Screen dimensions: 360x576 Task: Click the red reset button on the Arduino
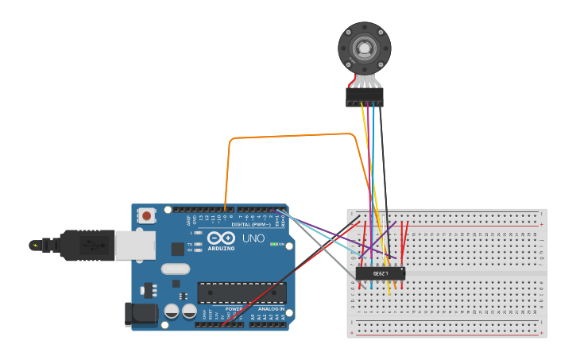click(147, 215)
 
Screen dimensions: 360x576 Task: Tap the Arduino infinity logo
click(220, 238)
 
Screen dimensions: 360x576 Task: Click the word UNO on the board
click(253, 238)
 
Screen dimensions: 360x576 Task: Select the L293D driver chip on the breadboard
click(380, 273)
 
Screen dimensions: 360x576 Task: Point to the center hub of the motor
click(365, 48)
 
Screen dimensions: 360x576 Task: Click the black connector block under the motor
click(365, 97)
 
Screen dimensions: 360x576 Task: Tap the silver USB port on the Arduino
click(134, 245)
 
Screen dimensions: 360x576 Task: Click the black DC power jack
click(141, 313)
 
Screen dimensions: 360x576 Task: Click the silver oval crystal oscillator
click(176, 269)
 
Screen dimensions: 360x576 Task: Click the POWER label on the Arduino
click(234, 308)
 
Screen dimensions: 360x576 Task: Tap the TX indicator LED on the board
click(197, 243)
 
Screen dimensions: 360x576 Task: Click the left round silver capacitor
click(172, 312)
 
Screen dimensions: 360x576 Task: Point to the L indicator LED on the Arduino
click(197, 232)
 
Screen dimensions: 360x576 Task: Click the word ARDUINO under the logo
click(221, 248)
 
